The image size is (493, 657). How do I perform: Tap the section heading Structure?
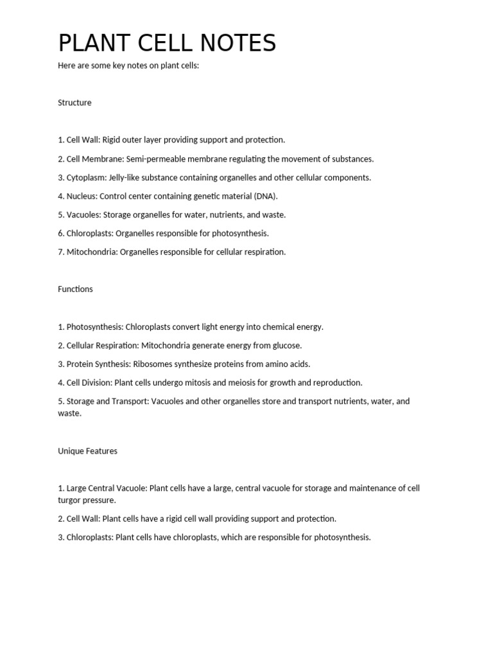tap(74, 103)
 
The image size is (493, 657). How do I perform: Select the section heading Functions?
tap(75, 289)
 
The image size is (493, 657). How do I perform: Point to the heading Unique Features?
tap(87, 451)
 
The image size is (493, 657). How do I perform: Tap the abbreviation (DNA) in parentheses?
tap(265, 196)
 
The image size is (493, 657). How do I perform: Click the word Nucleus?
tap(82, 196)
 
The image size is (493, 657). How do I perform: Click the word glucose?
tap(288, 345)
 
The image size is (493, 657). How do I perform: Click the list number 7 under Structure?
tap(60, 252)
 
